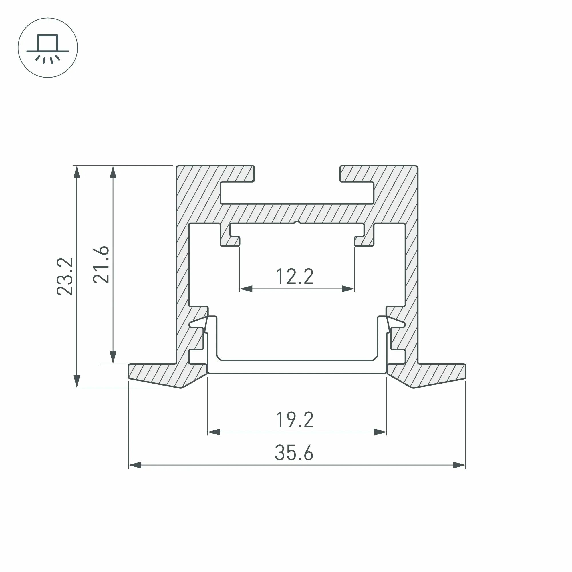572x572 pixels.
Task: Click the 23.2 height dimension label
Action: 65,277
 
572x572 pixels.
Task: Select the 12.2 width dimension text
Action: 294,277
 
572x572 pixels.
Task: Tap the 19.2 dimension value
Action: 294,420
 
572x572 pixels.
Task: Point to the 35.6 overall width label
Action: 294,453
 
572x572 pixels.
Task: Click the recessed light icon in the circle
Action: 48,48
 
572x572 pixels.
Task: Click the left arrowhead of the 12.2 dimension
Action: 246,289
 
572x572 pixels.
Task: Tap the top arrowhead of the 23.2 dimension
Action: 77,172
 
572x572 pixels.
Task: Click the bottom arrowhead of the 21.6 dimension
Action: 113,357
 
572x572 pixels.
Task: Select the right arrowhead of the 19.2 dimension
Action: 380,432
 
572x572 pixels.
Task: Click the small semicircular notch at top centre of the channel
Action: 297,222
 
